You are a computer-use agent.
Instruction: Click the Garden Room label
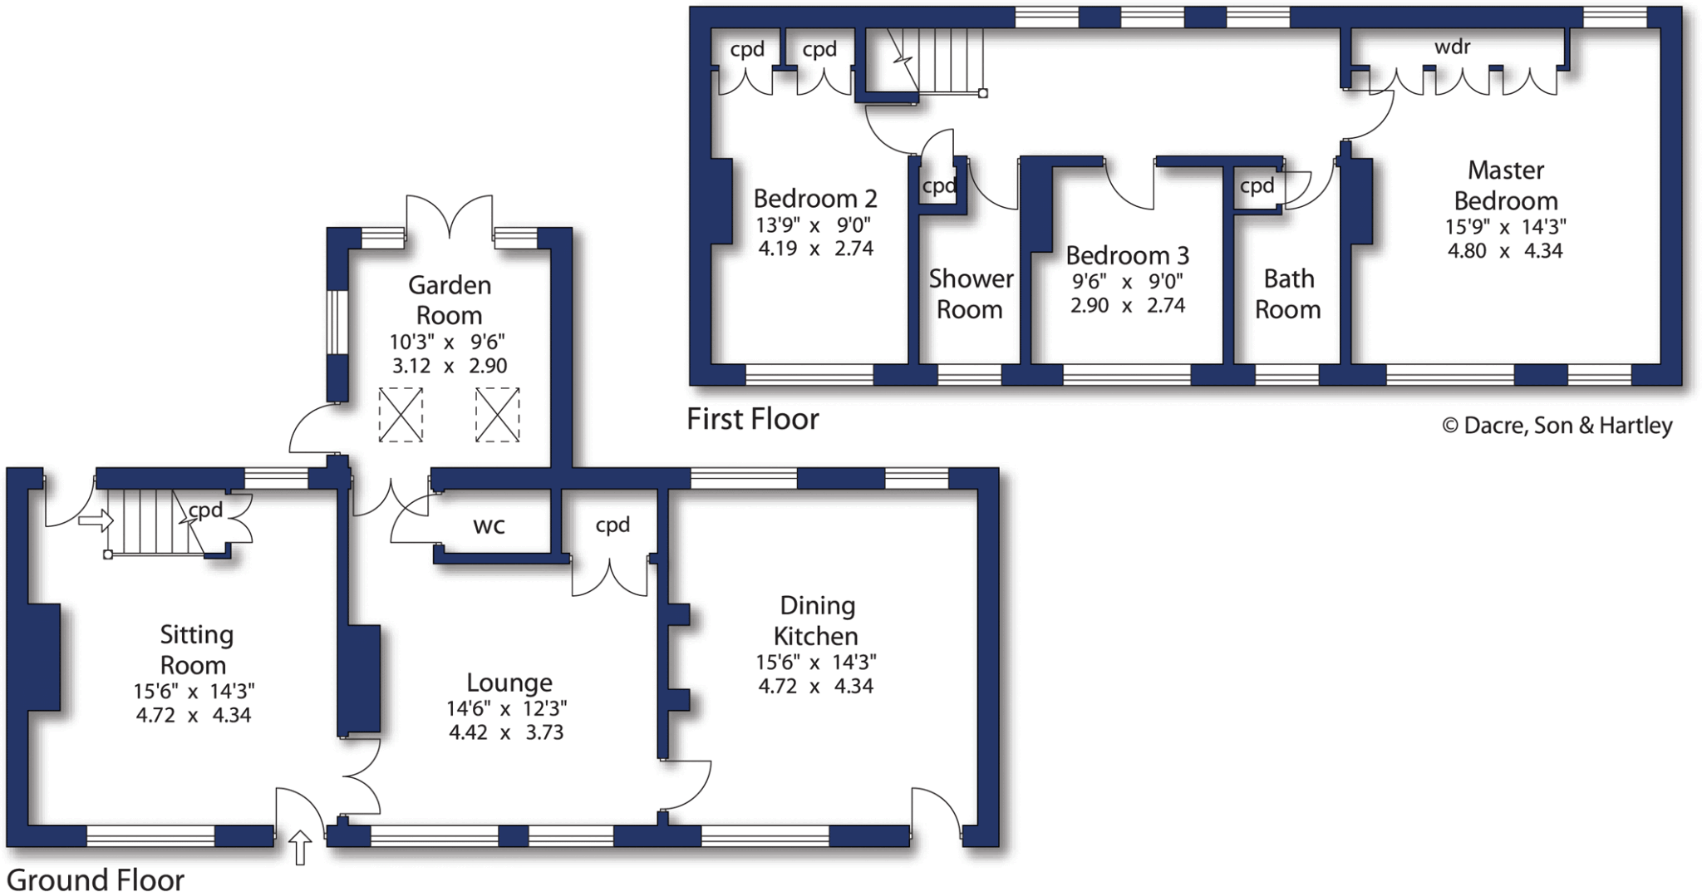pyautogui.click(x=449, y=300)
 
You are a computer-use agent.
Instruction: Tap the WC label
pyautogui.click(x=489, y=525)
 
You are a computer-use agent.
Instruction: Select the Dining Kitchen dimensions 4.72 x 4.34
pyautogui.click(x=815, y=686)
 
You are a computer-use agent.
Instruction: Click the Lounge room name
pyautogui.click(x=509, y=683)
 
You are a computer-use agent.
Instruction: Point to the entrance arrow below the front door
pyautogui.click(x=300, y=847)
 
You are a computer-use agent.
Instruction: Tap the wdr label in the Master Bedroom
pyautogui.click(x=1452, y=47)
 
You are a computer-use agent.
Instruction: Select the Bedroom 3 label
pyautogui.click(x=1127, y=254)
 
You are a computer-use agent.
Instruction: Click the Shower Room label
pyautogui.click(x=970, y=293)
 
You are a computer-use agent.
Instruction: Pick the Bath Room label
pyautogui.click(x=1287, y=293)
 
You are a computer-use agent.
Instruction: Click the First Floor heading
pyautogui.click(x=752, y=419)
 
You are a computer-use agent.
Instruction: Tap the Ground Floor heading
pyautogui.click(x=96, y=879)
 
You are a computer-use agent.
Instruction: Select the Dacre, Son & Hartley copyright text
pyautogui.click(x=1557, y=426)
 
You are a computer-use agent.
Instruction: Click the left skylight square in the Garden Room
pyautogui.click(x=401, y=415)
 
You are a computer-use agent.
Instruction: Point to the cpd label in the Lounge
pyautogui.click(x=612, y=525)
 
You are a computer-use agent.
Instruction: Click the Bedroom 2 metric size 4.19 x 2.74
pyautogui.click(x=815, y=248)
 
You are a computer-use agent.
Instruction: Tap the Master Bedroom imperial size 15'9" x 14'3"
pyautogui.click(x=1505, y=226)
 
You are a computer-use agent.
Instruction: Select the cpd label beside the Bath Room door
pyautogui.click(x=1257, y=186)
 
